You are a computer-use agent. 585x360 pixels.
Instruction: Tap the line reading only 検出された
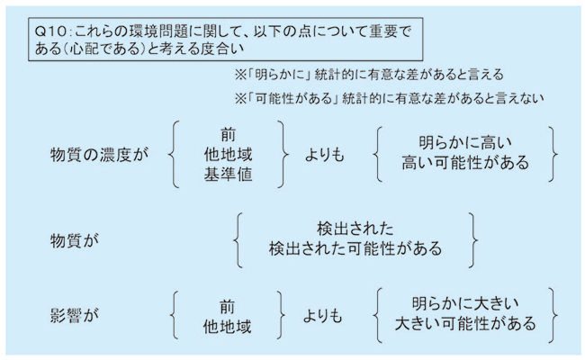point(355,229)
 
